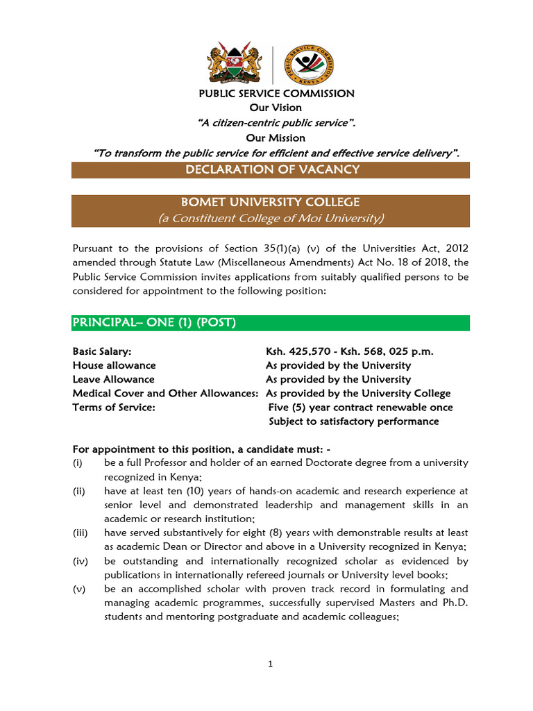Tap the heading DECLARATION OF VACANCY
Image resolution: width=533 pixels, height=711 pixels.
click(271, 170)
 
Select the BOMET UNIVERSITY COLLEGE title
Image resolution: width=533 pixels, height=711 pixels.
click(271, 203)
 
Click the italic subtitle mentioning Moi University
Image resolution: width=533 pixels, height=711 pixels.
click(271, 218)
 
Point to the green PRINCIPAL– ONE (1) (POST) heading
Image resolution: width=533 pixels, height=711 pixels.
click(154, 323)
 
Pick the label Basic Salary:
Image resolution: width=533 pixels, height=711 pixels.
click(102, 351)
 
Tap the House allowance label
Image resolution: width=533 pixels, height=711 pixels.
click(114, 365)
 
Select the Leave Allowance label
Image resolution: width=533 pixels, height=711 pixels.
click(113, 379)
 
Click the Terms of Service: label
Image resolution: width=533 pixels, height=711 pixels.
click(114, 408)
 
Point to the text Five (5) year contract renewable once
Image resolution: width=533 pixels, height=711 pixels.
click(360, 408)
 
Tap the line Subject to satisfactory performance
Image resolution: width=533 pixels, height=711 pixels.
click(354, 421)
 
